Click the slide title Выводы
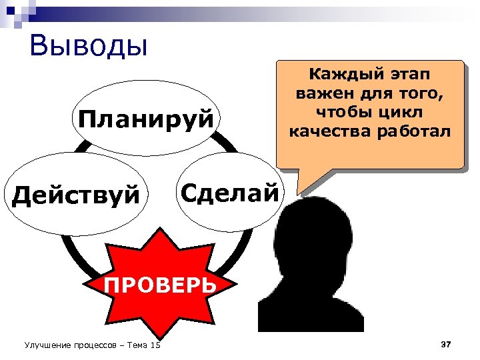point(88,46)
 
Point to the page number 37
point(446,344)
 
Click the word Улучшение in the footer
point(47,345)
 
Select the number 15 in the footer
point(155,345)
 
